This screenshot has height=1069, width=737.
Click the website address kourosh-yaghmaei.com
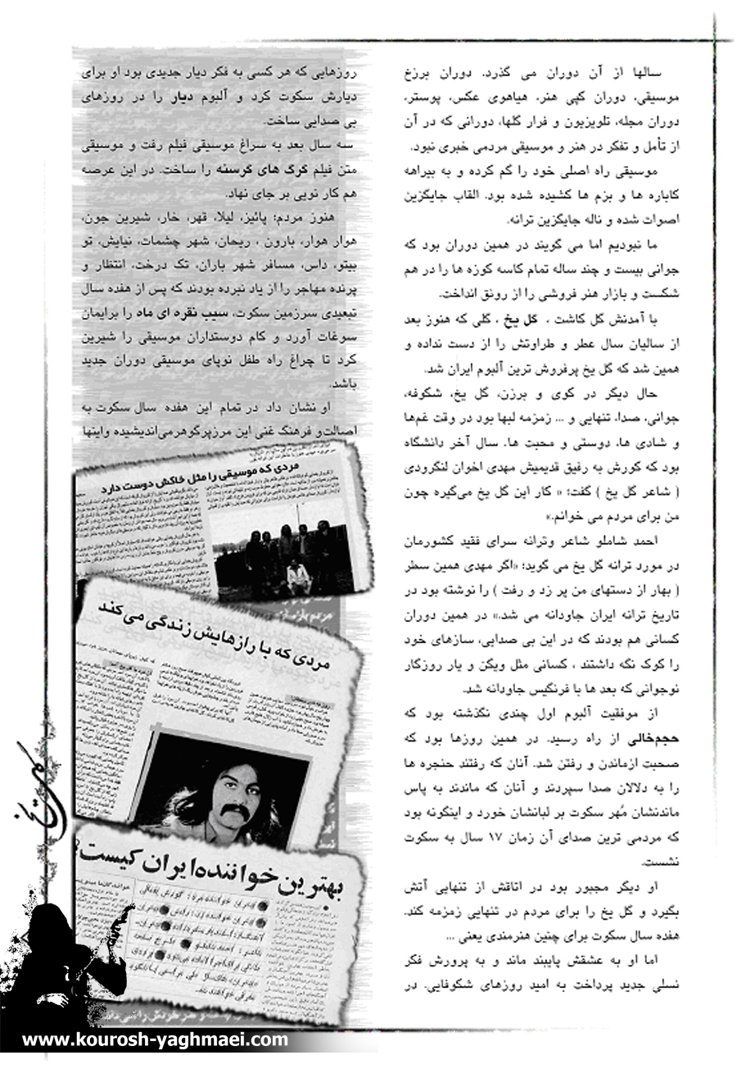pyautogui.click(x=155, y=1040)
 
